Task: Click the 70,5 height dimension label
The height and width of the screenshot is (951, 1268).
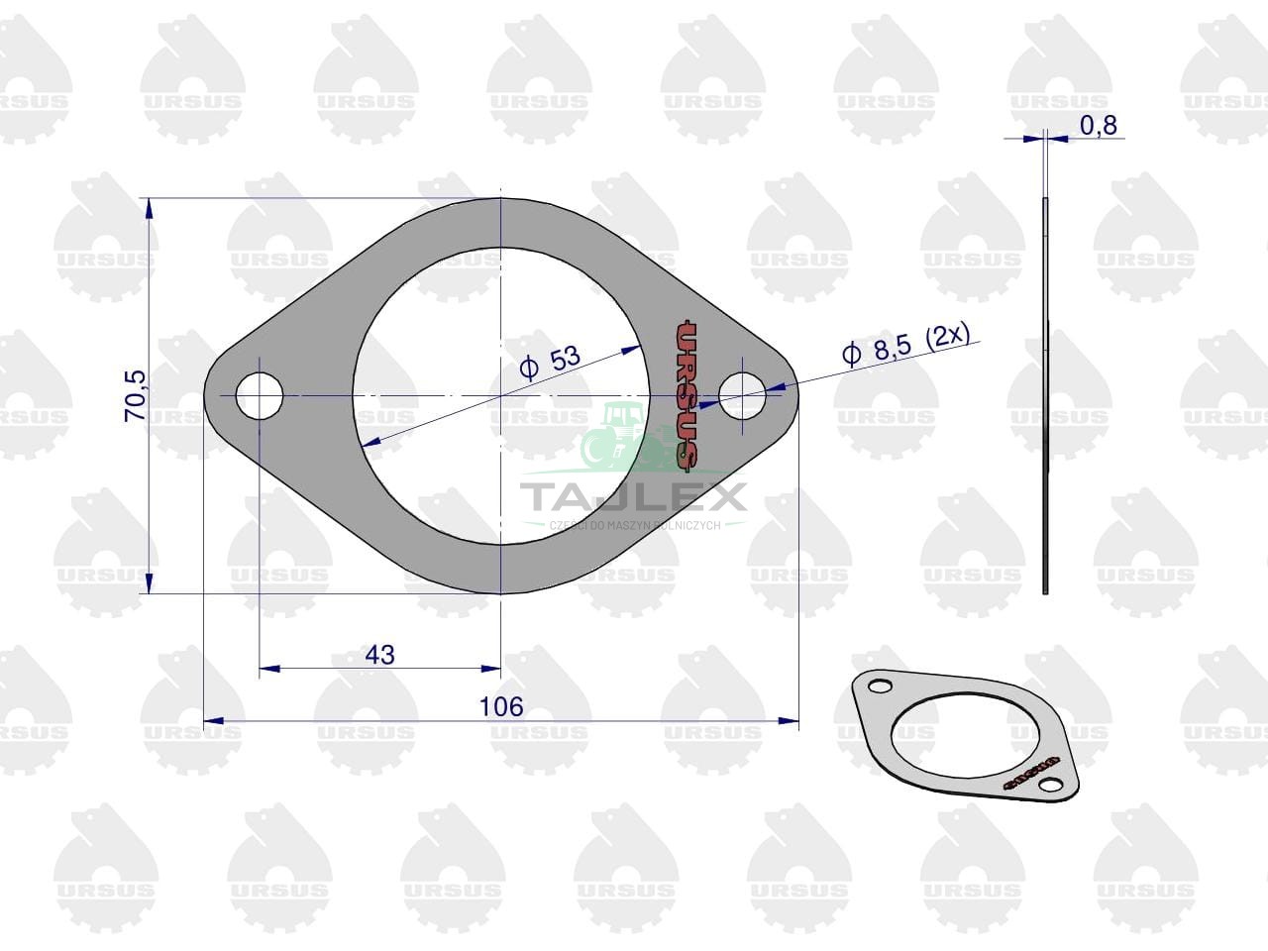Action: coord(135,395)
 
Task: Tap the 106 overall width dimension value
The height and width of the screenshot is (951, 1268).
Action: coord(501,706)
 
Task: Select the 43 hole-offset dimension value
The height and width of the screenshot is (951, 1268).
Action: coord(380,655)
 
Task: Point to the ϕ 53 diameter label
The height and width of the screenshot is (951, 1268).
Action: coord(550,362)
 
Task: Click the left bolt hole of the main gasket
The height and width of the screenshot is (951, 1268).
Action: coord(260,396)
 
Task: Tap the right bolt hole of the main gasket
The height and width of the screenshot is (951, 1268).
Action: coord(742,396)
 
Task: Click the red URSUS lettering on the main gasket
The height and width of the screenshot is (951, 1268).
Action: coord(687,394)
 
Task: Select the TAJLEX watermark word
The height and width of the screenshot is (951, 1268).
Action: coord(633,497)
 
